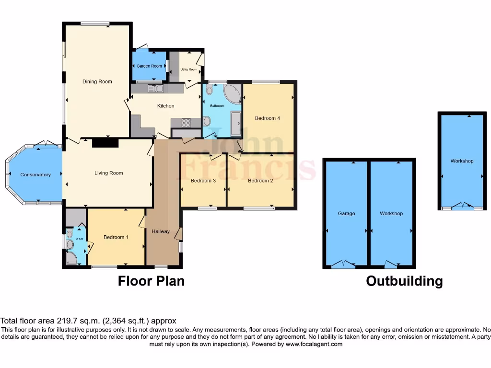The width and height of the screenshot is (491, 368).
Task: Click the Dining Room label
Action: (x=97, y=81)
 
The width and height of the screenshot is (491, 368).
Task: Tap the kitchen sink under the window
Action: (x=156, y=89)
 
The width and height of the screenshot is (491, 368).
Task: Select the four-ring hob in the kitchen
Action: (x=186, y=123)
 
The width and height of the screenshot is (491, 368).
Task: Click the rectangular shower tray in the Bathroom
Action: (x=235, y=124)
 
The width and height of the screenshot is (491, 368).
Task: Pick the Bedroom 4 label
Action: (x=267, y=118)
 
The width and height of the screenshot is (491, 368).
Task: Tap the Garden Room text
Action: (x=149, y=66)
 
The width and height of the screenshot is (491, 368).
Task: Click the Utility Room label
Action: (x=188, y=69)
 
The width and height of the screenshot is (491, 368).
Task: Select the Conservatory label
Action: (x=35, y=175)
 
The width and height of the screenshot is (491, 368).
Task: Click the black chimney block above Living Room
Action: (x=105, y=142)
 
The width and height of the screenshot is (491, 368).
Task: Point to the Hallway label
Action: (x=161, y=231)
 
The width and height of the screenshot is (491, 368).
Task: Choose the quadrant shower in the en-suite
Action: (x=71, y=259)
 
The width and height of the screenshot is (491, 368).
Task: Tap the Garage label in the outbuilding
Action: (x=346, y=213)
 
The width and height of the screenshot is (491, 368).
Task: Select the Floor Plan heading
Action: (x=151, y=281)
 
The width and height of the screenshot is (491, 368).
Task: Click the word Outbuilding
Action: (x=404, y=281)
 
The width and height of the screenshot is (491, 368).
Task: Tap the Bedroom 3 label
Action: (x=203, y=181)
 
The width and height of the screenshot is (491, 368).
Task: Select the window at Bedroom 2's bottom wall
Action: (x=259, y=208)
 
